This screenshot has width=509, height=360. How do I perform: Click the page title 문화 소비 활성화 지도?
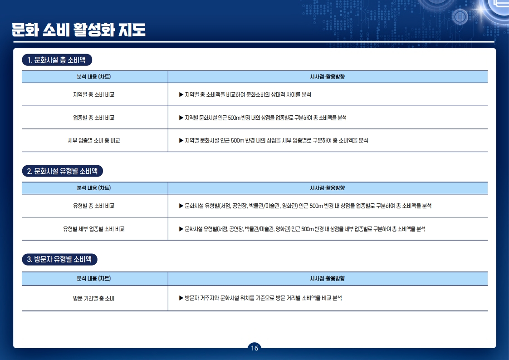coord(78,30)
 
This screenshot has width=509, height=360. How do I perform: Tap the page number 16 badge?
coord(254,348)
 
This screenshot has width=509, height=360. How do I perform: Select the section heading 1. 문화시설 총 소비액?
coord(57,60)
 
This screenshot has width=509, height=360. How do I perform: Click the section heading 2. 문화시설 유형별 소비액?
coord(62,171)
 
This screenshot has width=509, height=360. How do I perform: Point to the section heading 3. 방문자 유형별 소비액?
coord(60,259)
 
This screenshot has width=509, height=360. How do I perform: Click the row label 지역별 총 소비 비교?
coord(94,94)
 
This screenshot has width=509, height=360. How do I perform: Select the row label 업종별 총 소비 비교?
coord(94,118)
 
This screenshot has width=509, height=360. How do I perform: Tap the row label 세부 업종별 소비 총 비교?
coord(94,140)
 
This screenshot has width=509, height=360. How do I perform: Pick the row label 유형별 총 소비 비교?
coord(94,206)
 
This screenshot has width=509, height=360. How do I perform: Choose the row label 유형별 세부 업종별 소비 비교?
coord(94,229)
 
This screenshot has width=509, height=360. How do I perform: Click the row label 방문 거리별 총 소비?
coord(94,298)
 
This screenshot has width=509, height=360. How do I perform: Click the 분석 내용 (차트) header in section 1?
coord(94,77)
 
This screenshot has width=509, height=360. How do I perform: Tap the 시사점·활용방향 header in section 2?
coord(327,188)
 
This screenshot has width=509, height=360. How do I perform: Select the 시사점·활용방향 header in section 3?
coord(327,278)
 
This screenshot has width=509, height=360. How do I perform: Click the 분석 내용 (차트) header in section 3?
coord(94,278)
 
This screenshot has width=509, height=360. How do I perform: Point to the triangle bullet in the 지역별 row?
coord(181,94)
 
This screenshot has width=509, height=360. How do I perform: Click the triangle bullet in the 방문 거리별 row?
coord(181,298)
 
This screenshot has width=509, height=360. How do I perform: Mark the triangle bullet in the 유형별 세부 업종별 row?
coord(181,229)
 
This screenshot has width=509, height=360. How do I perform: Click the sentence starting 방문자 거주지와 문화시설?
coord(263,298)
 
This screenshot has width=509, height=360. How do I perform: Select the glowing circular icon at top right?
coord(460,17)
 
